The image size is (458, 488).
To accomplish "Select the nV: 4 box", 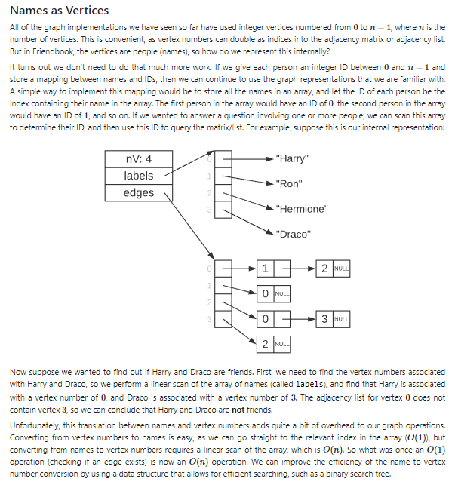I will click(x=138, y=159).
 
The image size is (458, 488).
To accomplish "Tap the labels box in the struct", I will click(x=138, y=176).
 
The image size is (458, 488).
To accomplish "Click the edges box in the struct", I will click(x=138, y=193).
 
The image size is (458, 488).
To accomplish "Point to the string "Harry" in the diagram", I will click(x=292, y=159).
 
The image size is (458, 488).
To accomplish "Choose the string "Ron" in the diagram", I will click(x=290, y=183).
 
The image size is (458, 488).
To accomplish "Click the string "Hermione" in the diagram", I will click(x=302, y=209).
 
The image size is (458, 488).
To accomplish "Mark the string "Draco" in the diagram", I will click(x=294, y=234).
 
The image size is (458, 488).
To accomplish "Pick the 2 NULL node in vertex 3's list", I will click(x=272, y=344).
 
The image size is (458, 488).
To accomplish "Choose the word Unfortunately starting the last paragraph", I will click(x=35, y=425).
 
